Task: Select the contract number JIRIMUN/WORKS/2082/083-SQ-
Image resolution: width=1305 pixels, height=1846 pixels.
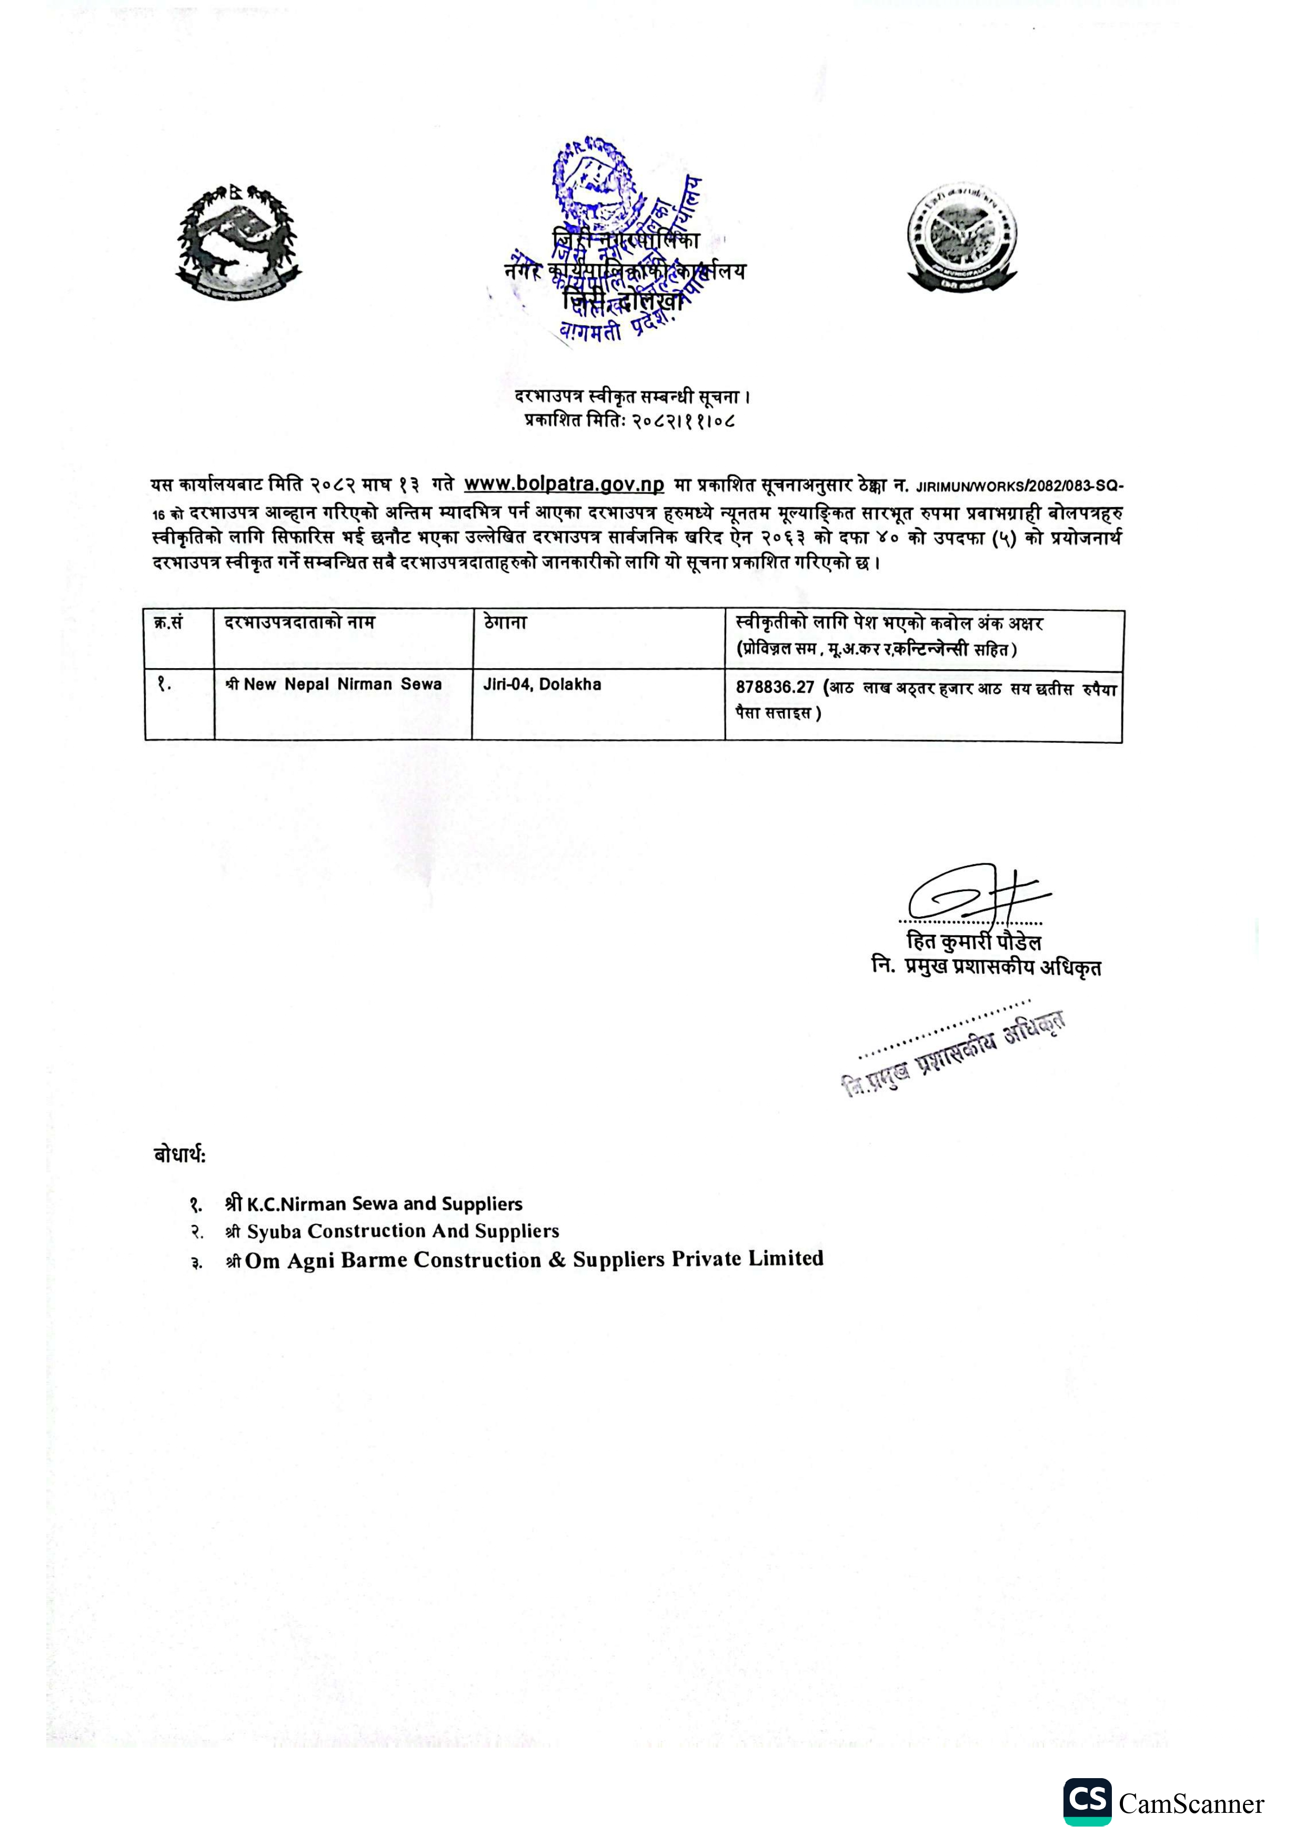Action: [x=1020, y=487]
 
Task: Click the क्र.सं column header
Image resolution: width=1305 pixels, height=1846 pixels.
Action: [x=169, y=623]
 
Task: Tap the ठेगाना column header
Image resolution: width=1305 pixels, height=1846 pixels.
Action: [x=505, y=623]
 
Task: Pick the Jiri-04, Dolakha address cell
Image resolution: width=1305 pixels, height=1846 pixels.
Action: [x=542, y=685]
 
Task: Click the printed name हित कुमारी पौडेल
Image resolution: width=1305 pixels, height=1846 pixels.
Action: [x=973, y=942]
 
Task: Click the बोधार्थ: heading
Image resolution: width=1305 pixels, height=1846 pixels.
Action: [x=179, y=1155]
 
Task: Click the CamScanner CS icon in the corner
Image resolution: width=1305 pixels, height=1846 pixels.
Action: [x=1087, y=1801]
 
